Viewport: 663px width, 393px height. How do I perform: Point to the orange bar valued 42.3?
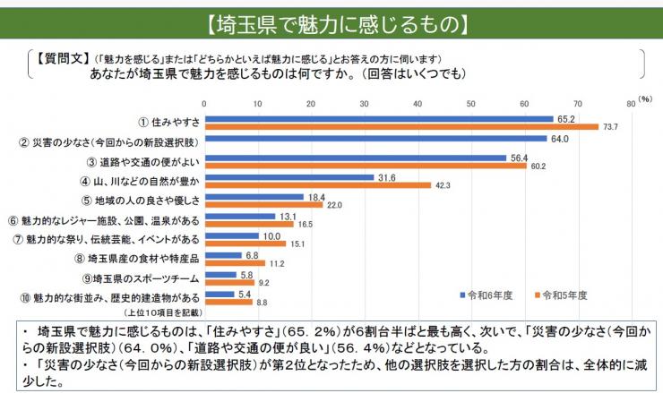[x=317, y=185]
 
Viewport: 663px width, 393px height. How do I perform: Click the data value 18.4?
[x=316, y=196]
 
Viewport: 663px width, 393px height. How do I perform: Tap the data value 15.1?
[x=298, y=243]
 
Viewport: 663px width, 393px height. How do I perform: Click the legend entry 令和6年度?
[x=489, y=294]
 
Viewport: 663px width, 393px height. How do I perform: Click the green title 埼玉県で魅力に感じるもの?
[x=331, y=19]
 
